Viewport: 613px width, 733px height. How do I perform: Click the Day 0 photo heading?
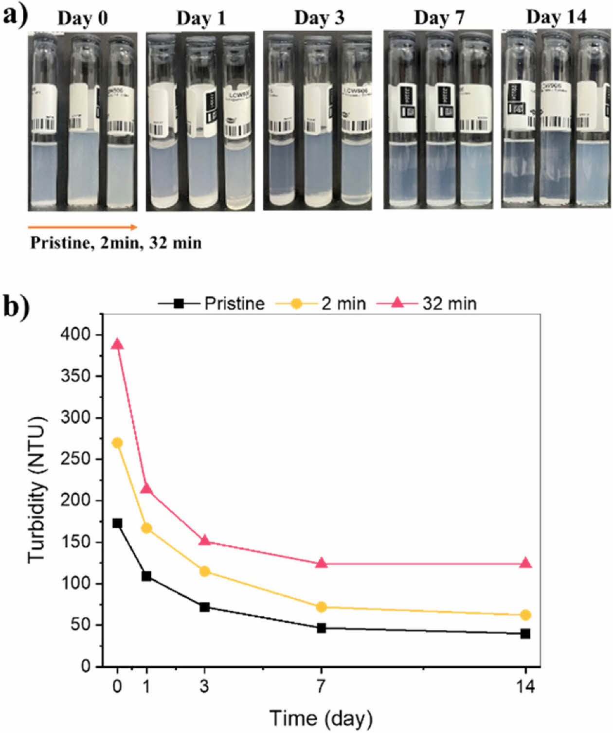[x=83, y=18]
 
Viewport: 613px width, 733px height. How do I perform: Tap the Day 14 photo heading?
[x=557, y=17]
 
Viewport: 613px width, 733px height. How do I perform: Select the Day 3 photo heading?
[x=319, y=18]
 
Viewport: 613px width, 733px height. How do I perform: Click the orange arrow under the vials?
[x=82, y=227]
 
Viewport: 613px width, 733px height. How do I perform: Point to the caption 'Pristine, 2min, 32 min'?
[x=116, y=242]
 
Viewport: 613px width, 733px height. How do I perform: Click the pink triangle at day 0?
[x=117, y=344]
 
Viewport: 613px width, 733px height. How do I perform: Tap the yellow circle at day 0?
[x=117, y=443]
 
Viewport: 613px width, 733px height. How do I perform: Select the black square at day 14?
[x=525, y=634]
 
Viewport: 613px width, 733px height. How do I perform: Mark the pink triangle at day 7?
[x=321, y=563]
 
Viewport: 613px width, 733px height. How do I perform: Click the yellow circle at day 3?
[x=205, y=572]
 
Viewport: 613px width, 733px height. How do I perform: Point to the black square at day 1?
[x=146, y=576]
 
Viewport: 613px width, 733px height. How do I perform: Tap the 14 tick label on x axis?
[x=525, y=686]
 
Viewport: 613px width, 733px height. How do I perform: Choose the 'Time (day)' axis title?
[x=321, y=718]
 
